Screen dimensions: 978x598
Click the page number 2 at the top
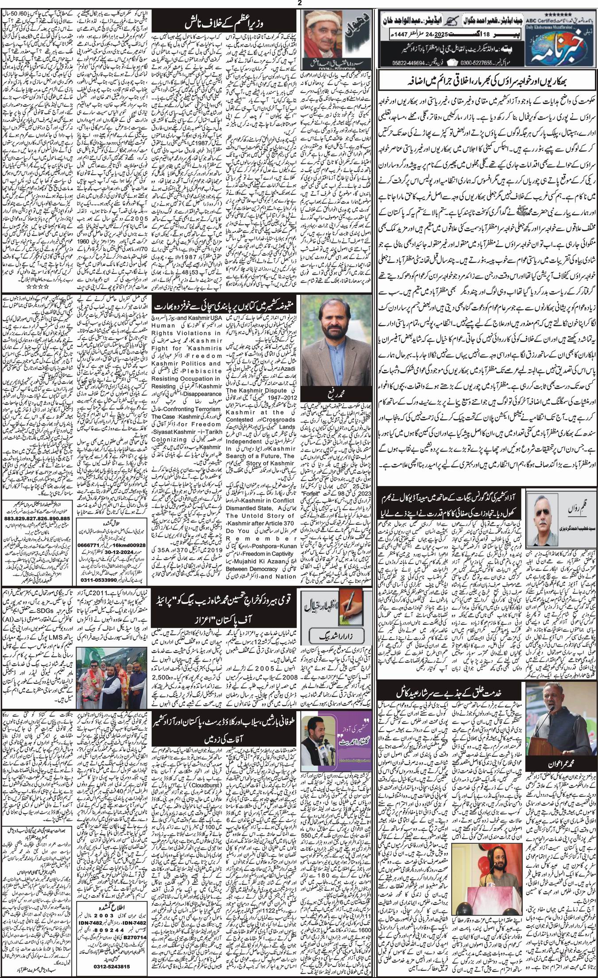tap(299, 3)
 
